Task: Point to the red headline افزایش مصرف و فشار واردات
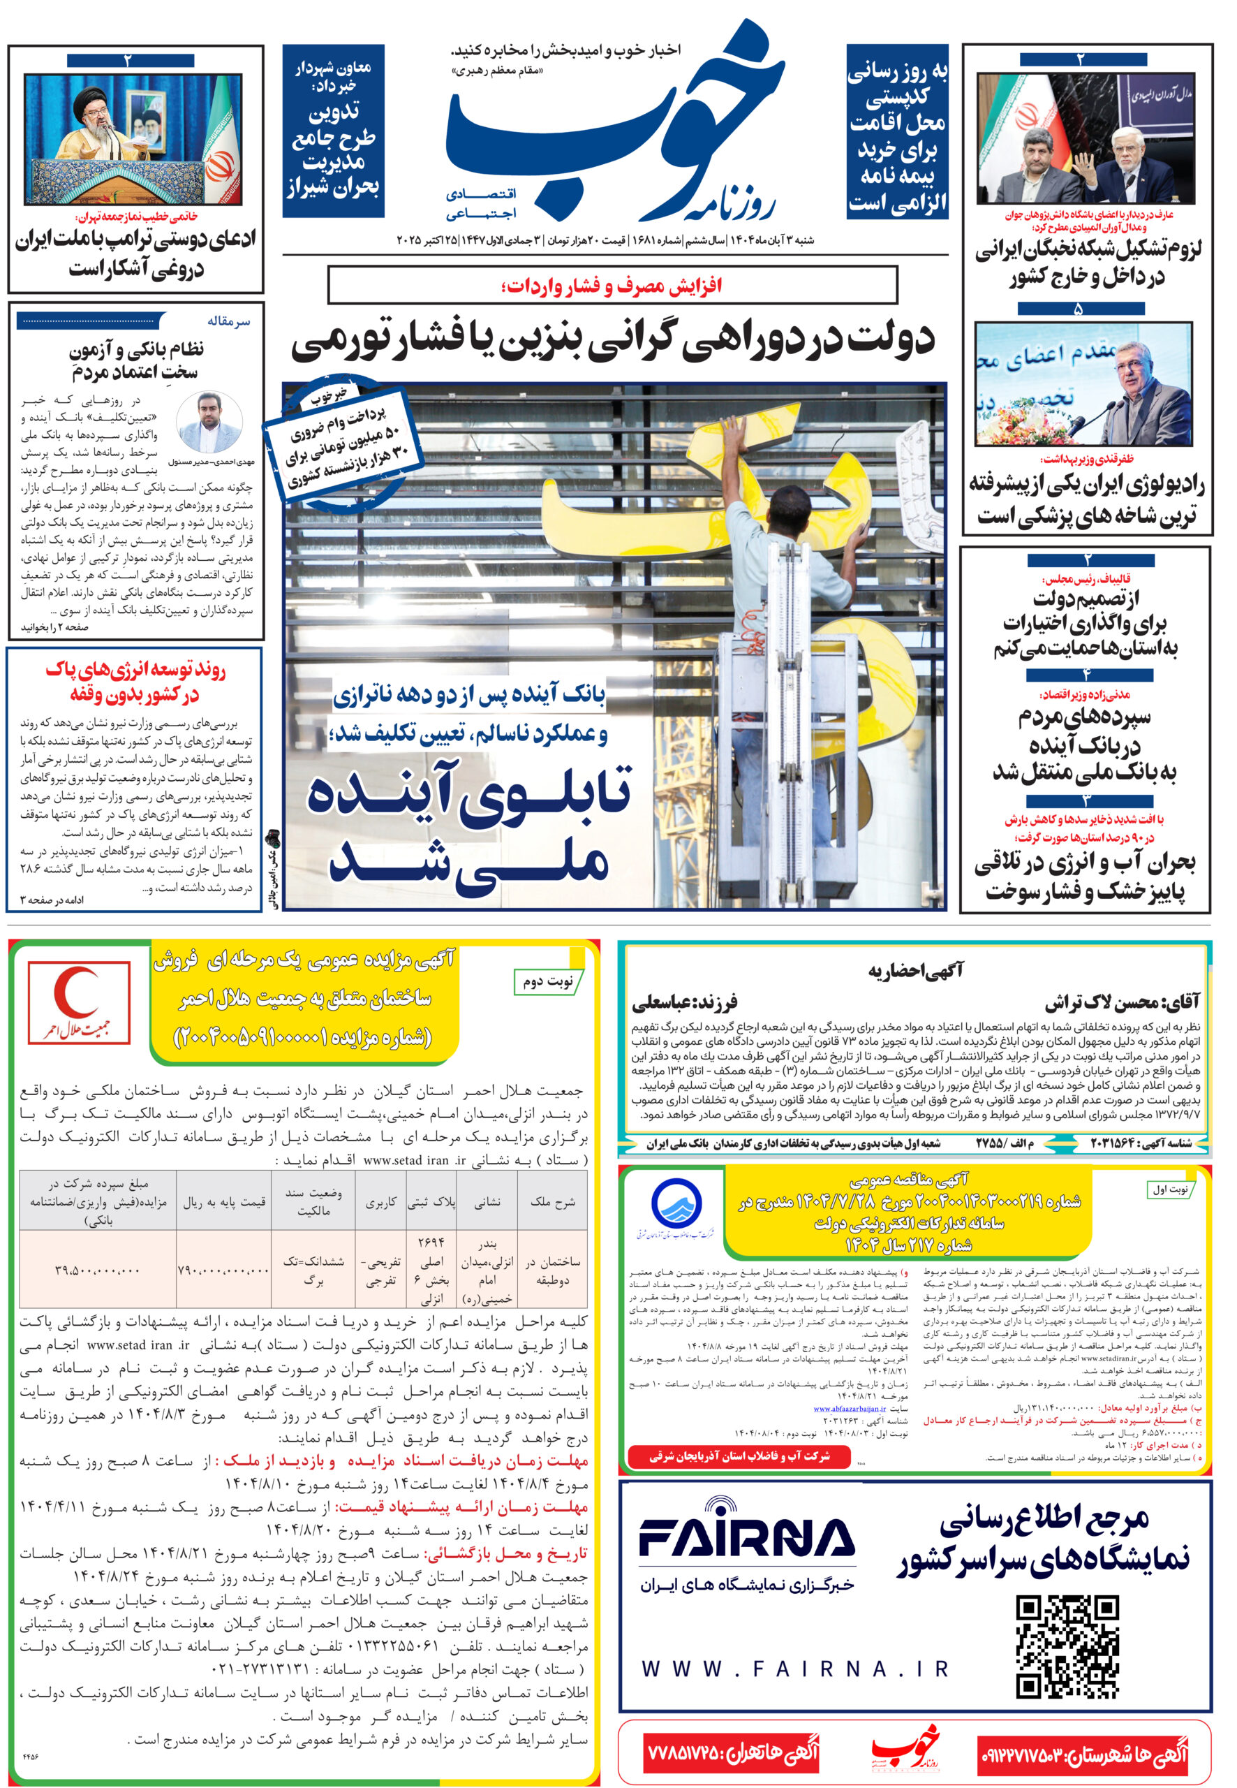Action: point(612,286)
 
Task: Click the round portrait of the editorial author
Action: point(209,423)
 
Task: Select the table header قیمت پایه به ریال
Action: point(224,1202)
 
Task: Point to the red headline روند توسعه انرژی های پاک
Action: point(135,682)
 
